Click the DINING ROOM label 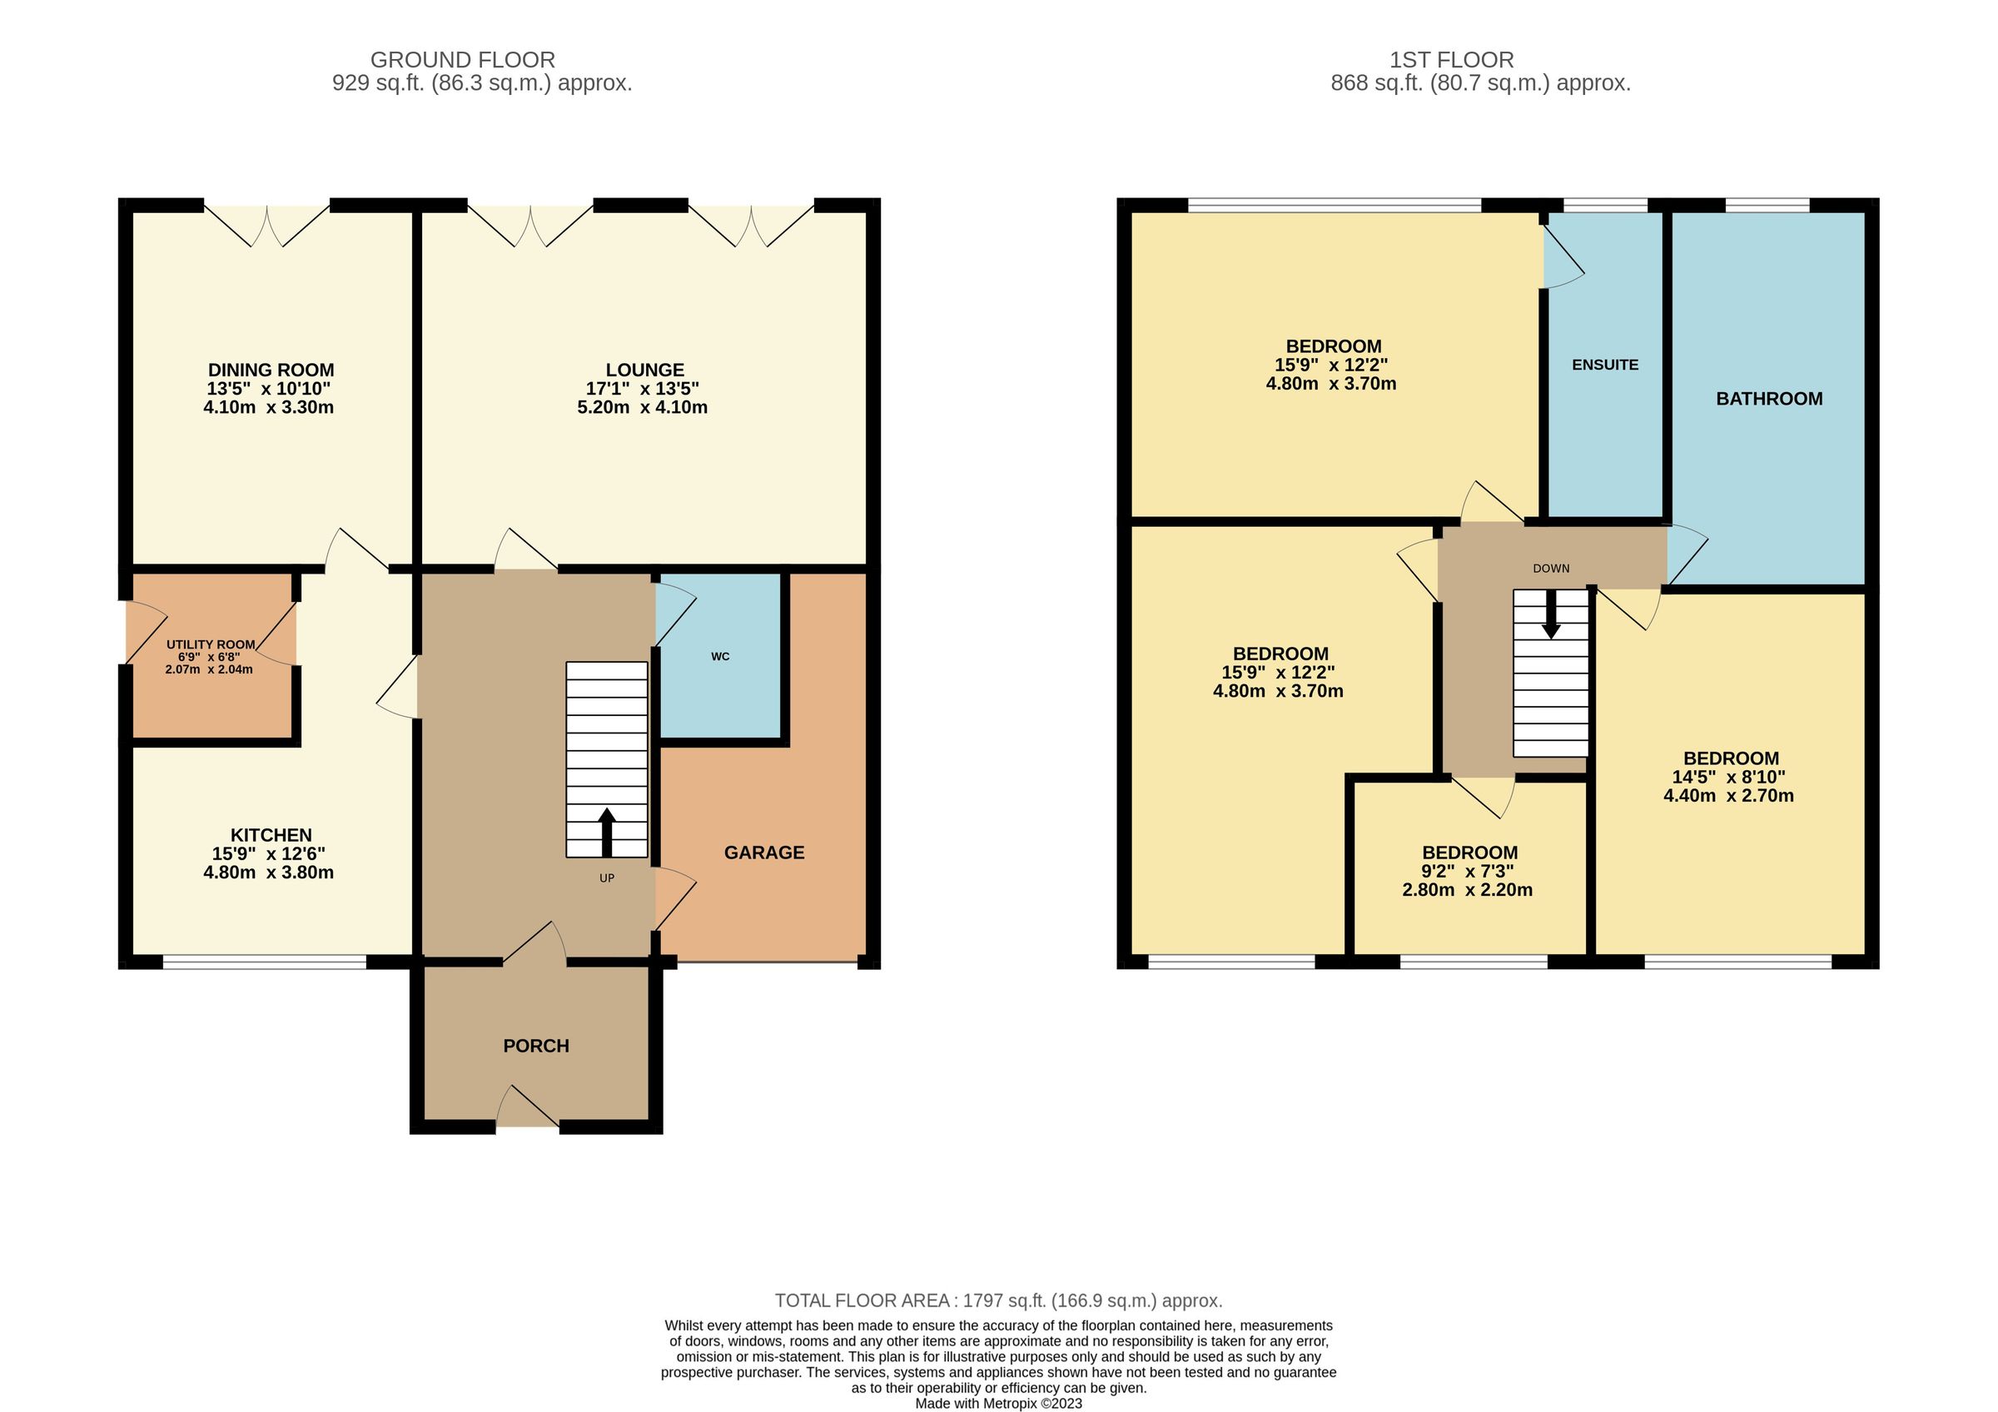(x=271, y=370)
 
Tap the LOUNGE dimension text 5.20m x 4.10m (x=642, y=407)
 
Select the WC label (x=719, y=657)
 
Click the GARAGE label (x=764, y=853)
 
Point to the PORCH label (x=536, y=1046)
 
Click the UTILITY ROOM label (x=211, y=644)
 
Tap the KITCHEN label (x=271, y=835)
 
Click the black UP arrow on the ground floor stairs (x=607, y=832)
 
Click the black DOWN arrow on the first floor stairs (x=1551, y=619)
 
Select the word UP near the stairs (x=607, y=878)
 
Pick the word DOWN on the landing (x=1551, y=568)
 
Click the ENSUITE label (x=1605, y=365)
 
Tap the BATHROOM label (x=1769, y=399)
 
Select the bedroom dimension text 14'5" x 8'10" (x=1728, y=777)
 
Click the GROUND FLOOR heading (x=462, y=60)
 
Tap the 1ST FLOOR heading (x=1452, y=60)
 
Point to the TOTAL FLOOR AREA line (x=998, y=1300)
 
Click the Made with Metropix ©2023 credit (x=998, y=1404)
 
